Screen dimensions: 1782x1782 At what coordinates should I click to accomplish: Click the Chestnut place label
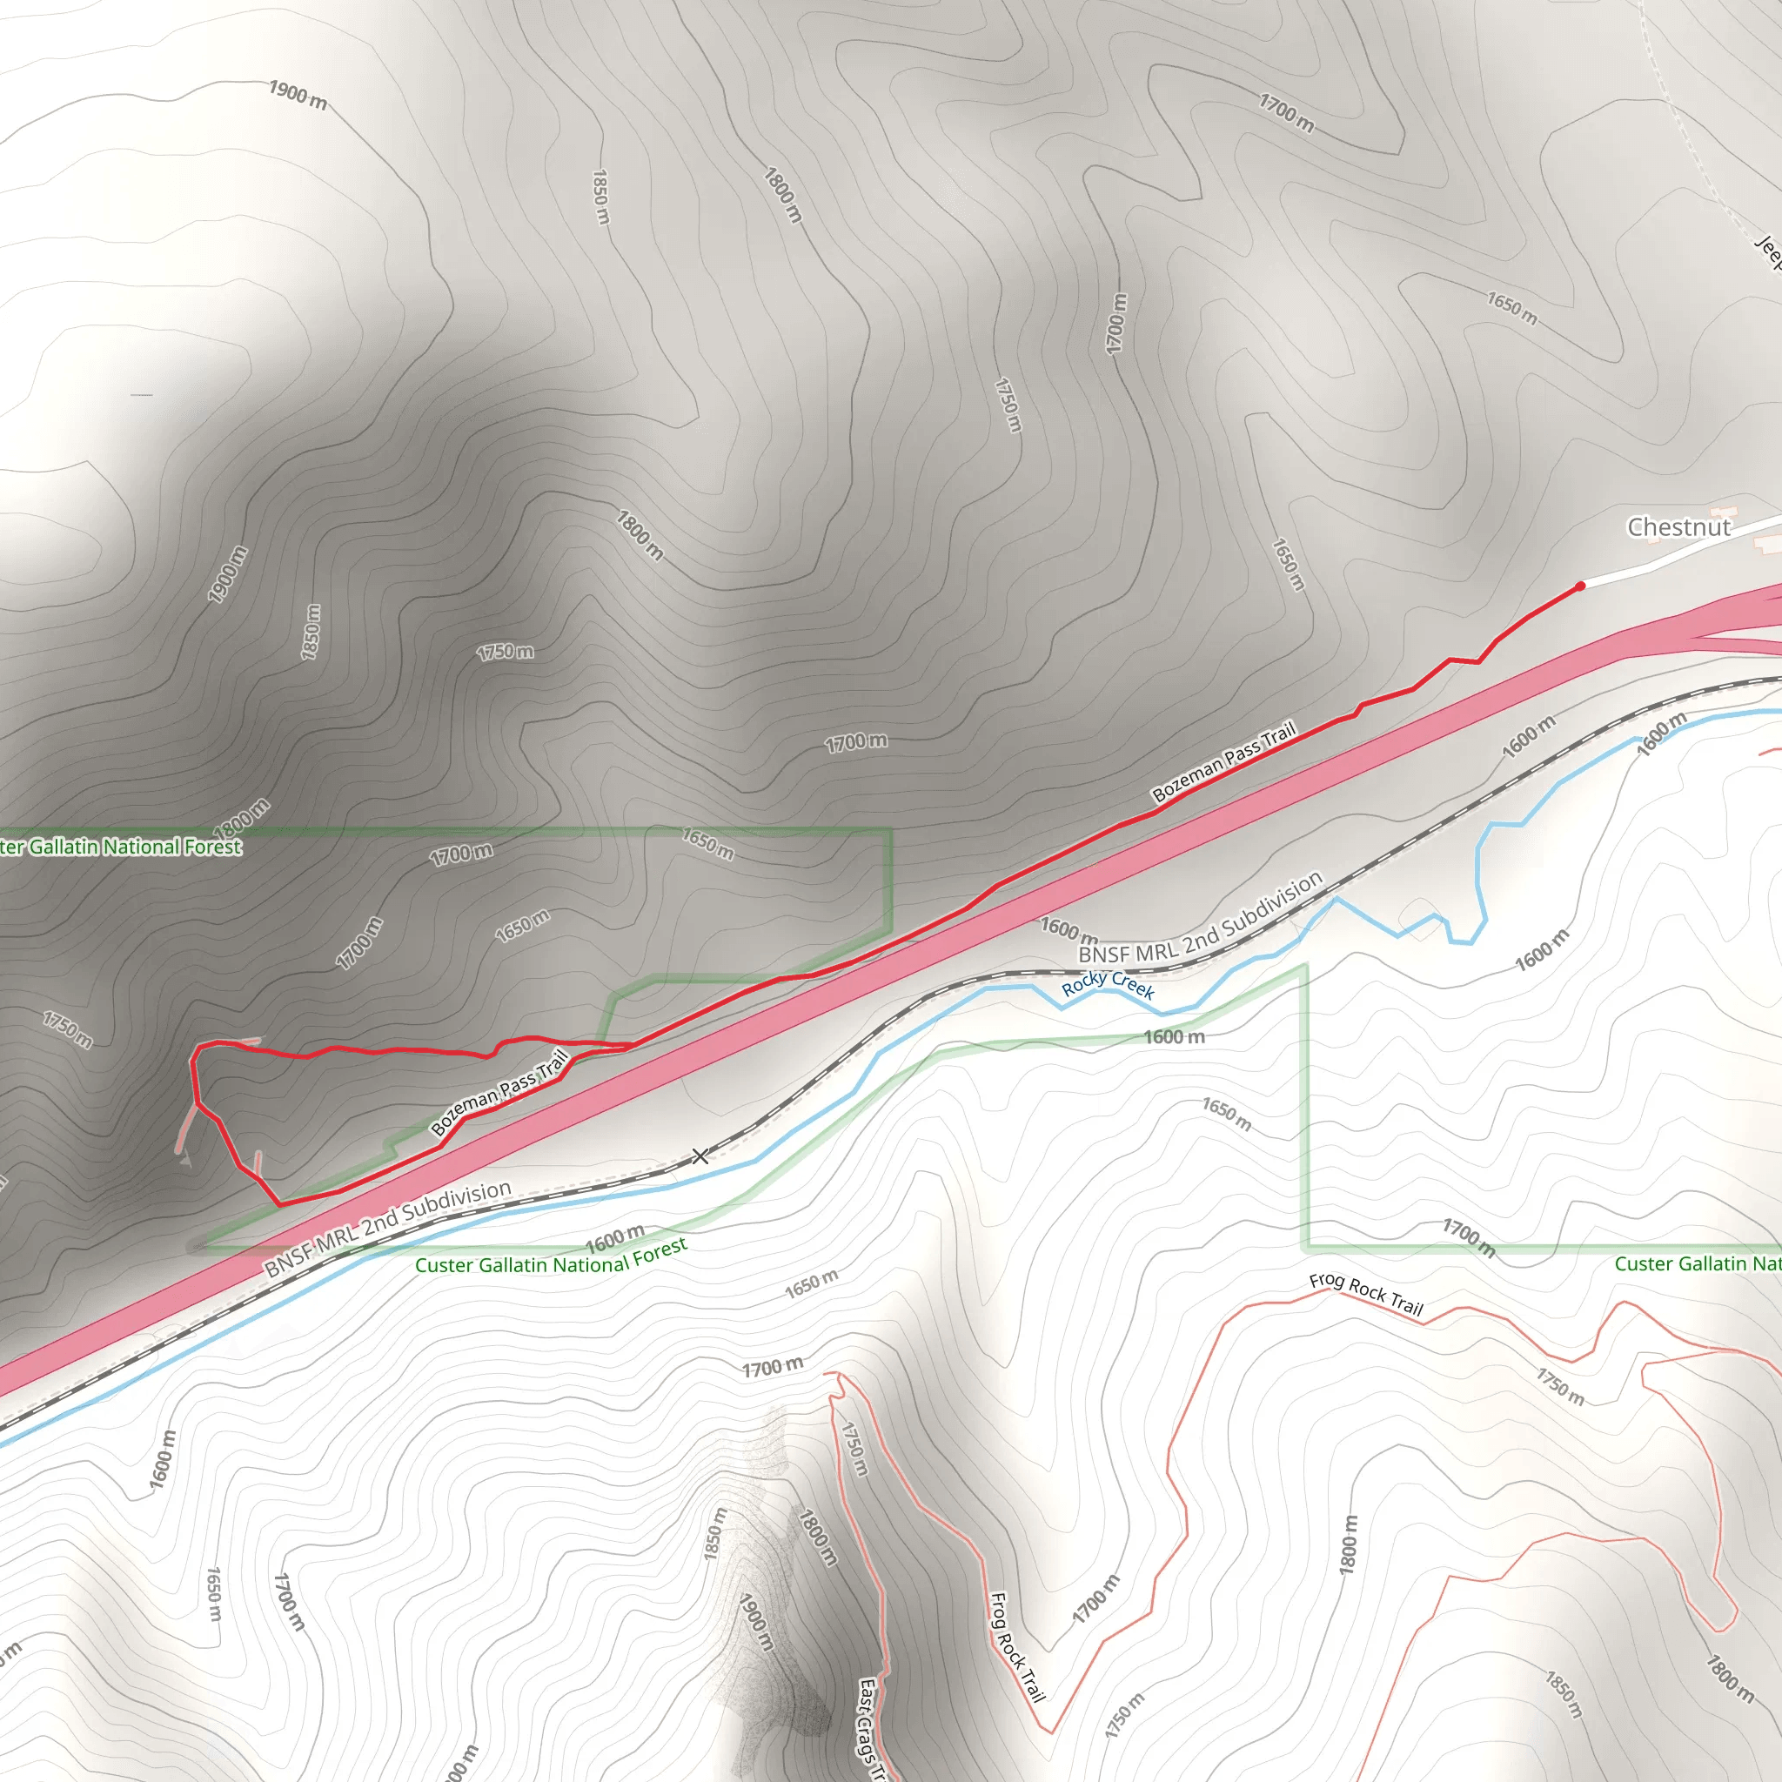pyautogui.click(x=1678, y=527)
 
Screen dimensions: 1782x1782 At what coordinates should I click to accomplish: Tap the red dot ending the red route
pyautogui.click(x=1580, y=586)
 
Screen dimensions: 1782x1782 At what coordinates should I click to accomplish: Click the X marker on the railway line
pyautogui.click(x=701, y=1156)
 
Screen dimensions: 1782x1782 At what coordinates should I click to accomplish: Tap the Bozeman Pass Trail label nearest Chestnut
pyautogui.click(x=1224, y=762)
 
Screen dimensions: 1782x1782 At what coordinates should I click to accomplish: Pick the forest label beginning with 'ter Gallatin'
pyautogui.click(x=121, y=847)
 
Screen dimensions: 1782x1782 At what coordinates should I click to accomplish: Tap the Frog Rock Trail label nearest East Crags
pyautogui.click(x=1016, y=1646)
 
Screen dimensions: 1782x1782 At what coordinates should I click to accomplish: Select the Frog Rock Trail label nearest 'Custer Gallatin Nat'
pyautogui.click(x=1366, y=1293)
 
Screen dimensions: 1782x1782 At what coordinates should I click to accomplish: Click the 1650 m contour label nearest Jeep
pyautogui.click(x=1511, y=308)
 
